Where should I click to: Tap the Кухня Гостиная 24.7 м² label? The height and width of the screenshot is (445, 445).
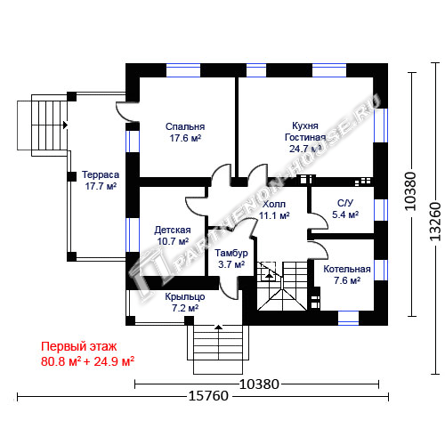pos(305,137)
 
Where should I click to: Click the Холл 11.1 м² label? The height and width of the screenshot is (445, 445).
pos(274,209)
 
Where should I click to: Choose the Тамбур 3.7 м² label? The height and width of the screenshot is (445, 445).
pos(231,258)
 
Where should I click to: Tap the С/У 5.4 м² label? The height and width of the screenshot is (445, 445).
pos(345,208)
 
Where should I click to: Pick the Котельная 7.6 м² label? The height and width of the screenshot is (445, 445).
pos(347,275)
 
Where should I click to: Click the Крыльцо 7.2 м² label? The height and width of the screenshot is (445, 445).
pos(185,303)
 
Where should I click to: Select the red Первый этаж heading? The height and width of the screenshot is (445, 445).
pos(79,346)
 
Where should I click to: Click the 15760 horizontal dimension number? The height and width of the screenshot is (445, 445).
pos(208,396)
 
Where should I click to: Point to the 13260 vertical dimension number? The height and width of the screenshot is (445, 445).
pos(435,221)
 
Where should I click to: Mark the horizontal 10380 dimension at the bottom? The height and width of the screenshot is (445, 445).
pos(259,384)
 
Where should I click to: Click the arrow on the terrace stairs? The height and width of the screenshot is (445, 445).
pos(65,125)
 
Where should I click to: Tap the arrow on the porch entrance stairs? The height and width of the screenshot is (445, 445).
pos(218,327)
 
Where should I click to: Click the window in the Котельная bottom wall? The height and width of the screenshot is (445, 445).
pos(349,319)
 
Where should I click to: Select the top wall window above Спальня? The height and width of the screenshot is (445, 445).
pos(183,70)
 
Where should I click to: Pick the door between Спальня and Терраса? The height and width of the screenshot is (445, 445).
pos(127,111)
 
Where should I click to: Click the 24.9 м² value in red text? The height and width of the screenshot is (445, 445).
pos(114,361)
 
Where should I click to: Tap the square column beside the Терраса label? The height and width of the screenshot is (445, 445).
pos(71,176)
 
